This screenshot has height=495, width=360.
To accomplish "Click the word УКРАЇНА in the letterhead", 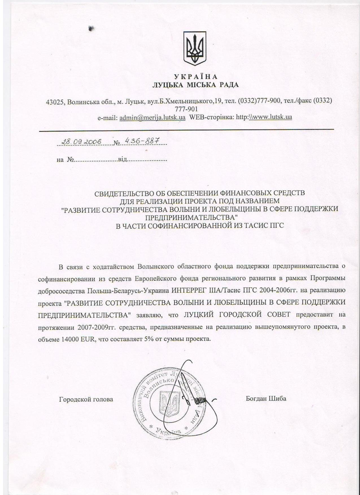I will point(195,77).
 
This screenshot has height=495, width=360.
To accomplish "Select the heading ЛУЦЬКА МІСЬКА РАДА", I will point(195,85).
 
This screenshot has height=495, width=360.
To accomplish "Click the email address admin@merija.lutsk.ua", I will point(152,117).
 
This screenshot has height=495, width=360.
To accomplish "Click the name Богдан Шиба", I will point(266,398).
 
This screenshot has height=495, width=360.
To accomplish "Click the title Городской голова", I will point(86,399).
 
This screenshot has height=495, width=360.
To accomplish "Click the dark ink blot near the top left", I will point(91,28).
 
